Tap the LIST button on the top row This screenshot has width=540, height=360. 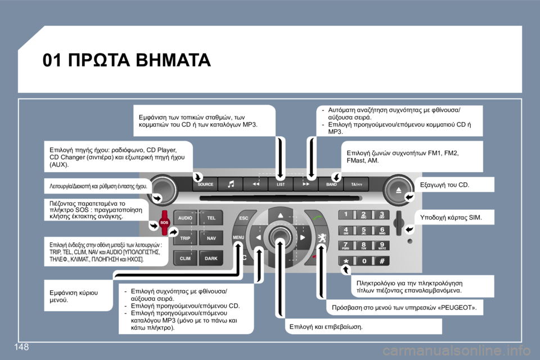[280, 184]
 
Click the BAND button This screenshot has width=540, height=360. [331, 184]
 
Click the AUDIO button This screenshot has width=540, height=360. [186, 217]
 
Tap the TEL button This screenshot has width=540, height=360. [211, 217]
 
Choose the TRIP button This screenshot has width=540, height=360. [186, 238]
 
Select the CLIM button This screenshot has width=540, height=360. [186, 259]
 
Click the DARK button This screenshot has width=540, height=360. [211, 259]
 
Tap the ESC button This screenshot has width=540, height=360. [244, 217]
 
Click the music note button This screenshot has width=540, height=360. [231, 184]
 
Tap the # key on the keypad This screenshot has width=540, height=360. [381, 262]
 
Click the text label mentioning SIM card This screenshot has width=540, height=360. [451, 217]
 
